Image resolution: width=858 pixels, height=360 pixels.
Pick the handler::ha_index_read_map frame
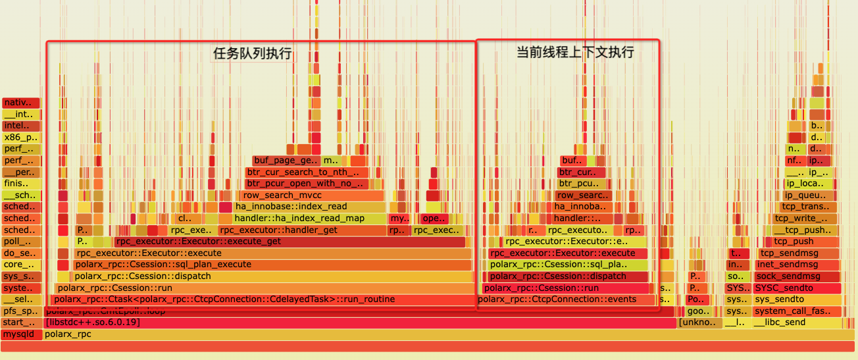pos(309,219)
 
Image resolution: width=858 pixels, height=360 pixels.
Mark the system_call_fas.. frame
pos(797,311)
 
